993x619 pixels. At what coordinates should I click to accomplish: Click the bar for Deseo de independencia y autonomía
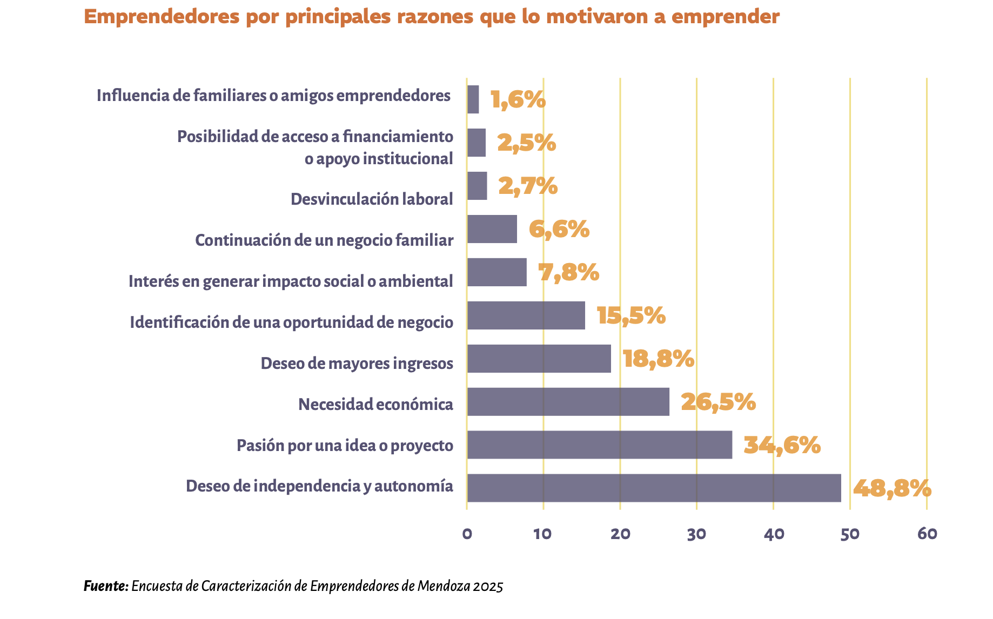(654, 488)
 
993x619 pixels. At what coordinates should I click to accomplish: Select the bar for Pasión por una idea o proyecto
(600, 445)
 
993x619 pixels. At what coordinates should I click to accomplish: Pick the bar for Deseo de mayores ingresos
(539, 358)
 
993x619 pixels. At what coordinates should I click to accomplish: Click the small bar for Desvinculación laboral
(477, 186)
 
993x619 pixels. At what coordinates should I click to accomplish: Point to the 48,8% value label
(892, 489)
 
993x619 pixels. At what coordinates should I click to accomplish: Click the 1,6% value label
(518, 100)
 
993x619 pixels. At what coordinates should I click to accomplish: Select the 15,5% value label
(631, 316)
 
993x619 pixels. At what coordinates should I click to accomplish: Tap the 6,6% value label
(559, 230)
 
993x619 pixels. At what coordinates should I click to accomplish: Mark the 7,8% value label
(569, 273)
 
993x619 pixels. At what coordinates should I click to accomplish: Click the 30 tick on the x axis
(696, 534)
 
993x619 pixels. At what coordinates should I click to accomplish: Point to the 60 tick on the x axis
(927, 534)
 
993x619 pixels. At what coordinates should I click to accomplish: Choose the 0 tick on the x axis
(467, 534)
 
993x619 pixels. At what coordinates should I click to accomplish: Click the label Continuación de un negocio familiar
(324, 240)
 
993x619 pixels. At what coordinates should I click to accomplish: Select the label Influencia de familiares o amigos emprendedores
(273, 96)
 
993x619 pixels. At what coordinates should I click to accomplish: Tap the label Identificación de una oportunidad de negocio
(291, 322)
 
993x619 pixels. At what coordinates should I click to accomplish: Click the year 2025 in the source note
(488, 586)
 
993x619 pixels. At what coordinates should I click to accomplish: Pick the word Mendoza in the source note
(443, 586)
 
